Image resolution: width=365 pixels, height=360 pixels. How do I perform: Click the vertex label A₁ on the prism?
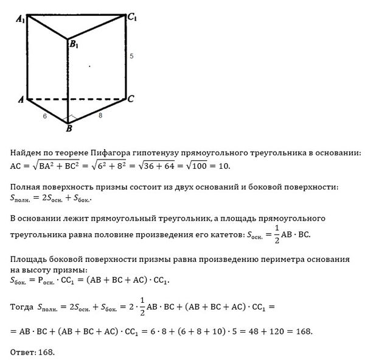pyautogui.click(x=21, y=18)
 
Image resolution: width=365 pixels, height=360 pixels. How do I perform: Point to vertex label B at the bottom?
pyautogui.click(x=69, y=129)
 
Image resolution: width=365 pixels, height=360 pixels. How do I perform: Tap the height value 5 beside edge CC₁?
pyautogui.click(x=131, y=57)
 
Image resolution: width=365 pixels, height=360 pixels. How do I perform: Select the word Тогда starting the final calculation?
pyautogui.click(x=23, y=308)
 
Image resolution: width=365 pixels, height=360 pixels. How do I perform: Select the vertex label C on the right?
pyautogui.click(x=131, y=98)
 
